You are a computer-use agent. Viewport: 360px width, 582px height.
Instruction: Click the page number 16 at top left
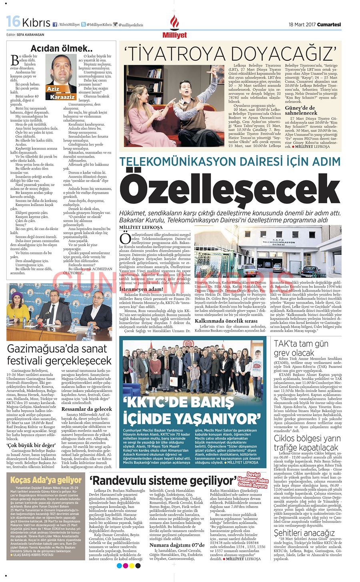(13, 22)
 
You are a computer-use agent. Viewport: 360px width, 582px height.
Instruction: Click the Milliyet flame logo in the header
(174, 24)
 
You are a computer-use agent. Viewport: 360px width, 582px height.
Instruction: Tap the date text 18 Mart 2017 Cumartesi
(315, 24)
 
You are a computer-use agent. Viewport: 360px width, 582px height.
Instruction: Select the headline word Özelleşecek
(230, 191)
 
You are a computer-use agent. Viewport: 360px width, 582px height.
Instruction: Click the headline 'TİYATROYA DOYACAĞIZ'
(230, 52)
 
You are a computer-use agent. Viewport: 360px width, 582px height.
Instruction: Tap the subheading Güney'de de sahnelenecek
(306, 110)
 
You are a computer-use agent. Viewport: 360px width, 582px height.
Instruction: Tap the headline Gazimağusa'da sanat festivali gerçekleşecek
(59, 354)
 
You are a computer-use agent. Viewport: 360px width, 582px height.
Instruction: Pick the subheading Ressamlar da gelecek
(86, 409)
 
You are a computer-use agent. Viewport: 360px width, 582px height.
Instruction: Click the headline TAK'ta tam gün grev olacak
(299, 348)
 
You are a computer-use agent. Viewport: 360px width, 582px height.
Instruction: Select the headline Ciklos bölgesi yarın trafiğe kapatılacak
(307, 443)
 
